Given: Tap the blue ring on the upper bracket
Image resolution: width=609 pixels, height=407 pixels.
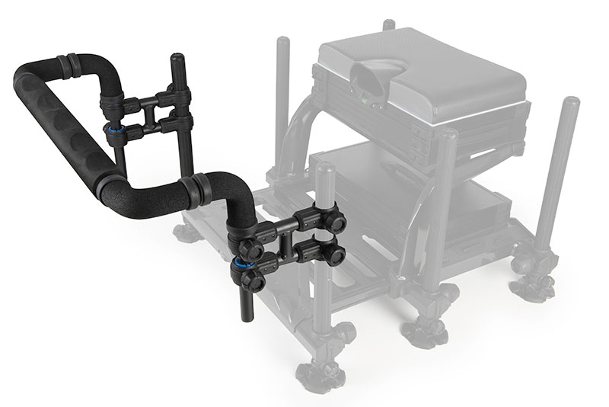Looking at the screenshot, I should coord(113,130).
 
